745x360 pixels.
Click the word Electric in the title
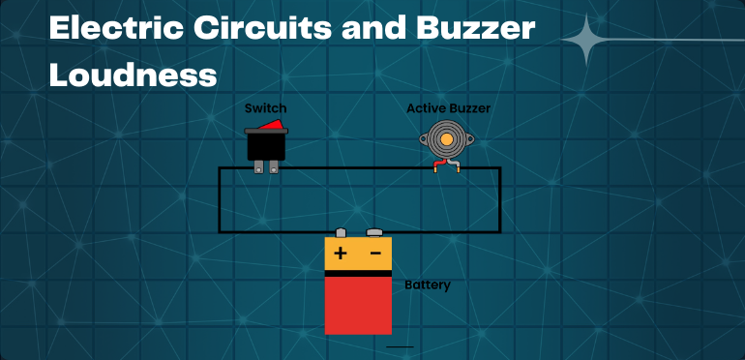point(107,28)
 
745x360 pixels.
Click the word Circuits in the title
point(249,28)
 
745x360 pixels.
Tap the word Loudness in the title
point(133,75)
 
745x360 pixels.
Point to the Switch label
point(265,108)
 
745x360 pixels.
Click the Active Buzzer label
point(448,108)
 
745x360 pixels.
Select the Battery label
point(427,285)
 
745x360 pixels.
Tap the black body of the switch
point(265,145)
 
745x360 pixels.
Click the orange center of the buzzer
point(447,139)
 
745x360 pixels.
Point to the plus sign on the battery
point(341,255)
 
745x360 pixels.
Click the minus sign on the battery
point(374,255)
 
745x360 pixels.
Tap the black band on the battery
point(358,273)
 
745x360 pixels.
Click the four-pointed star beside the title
point(584,40)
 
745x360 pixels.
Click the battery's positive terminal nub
point(341,233)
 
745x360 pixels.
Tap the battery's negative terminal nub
point(375,233)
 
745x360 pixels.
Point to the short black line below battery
point(400,345)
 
